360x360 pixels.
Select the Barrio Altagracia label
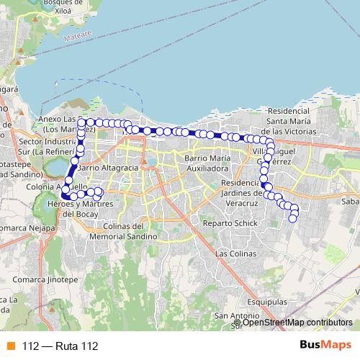click(x=108, y=168)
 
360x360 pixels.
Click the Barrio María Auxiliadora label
click(x=207, y=163)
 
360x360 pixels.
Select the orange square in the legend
click(x=9, y=346)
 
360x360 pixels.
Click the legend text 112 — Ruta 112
click(x=59, y=346)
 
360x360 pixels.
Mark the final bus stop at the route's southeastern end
click(x=293, y=219)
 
